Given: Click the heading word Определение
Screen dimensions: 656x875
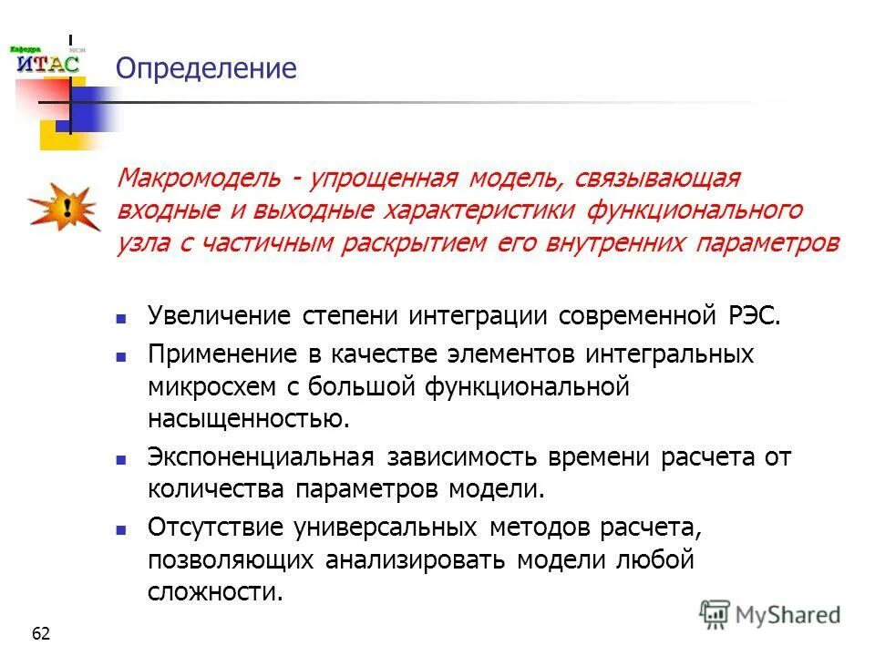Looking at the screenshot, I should point(206,68).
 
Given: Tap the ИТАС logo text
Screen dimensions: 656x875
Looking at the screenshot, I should point(48,64).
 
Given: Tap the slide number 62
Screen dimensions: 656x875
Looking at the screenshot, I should point(41,633).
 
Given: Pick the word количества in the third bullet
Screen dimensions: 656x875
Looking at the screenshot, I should point(217,488).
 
